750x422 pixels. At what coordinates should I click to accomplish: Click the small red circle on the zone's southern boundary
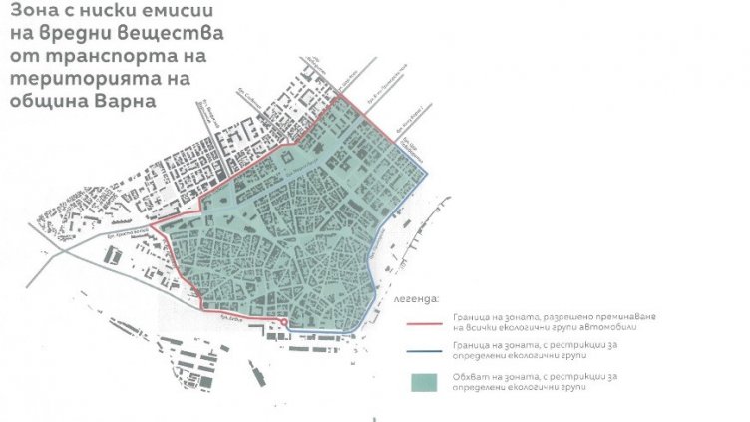(x=286, y=323)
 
